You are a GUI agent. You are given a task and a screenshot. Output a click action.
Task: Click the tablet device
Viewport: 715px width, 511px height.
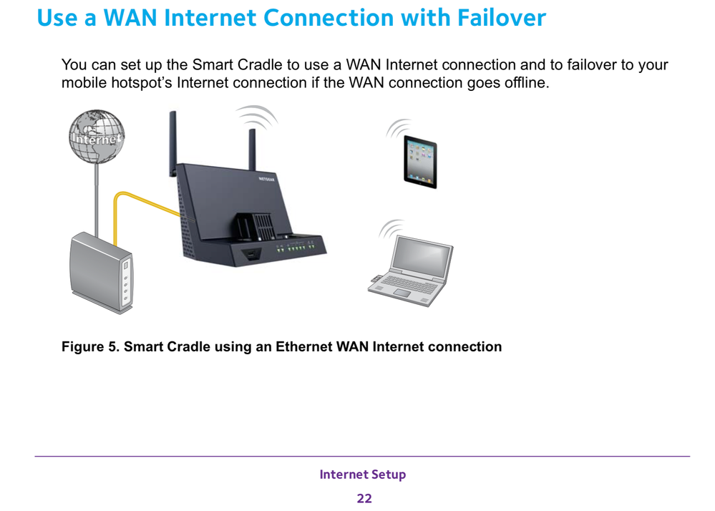click(x=419, y=161)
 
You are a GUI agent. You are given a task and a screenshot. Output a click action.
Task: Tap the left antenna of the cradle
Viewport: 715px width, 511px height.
click(x=172, y=143)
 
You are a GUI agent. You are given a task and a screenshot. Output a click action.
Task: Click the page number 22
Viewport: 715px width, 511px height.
click(x=364, y=498)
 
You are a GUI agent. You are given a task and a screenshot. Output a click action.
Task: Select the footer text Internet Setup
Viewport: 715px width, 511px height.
click(x=362, y=474)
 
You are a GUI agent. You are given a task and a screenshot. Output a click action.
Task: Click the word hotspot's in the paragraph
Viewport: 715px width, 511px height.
click(x=140, y=83)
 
